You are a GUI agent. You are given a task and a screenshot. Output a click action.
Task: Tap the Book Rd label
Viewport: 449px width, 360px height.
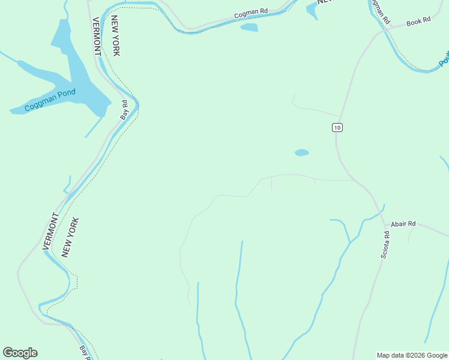[418, 22]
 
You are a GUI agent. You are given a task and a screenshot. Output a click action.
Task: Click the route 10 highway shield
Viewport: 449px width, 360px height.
[337, 127]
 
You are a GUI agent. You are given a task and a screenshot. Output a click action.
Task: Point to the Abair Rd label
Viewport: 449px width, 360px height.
[403, 224]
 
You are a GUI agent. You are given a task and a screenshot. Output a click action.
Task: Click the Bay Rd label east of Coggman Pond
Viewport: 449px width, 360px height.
[124, 110]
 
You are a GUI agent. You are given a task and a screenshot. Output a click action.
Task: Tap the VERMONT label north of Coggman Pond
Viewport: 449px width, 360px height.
[96, 36]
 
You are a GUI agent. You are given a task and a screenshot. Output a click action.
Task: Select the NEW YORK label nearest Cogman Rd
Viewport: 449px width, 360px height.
[115, 36]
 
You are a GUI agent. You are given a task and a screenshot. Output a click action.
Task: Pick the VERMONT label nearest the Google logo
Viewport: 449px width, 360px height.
[50, 232]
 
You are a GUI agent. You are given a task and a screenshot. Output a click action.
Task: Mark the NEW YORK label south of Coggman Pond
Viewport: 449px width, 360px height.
[70, 238]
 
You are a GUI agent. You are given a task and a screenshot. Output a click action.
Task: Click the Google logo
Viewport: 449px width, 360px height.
[20, 353]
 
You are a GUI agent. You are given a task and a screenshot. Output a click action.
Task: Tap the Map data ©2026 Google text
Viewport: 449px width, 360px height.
[412, 355]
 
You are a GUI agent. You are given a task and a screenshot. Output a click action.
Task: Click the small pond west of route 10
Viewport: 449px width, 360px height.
[301, 152]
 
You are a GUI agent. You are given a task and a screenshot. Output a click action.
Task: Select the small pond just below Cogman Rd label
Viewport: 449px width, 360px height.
[249, 28]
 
